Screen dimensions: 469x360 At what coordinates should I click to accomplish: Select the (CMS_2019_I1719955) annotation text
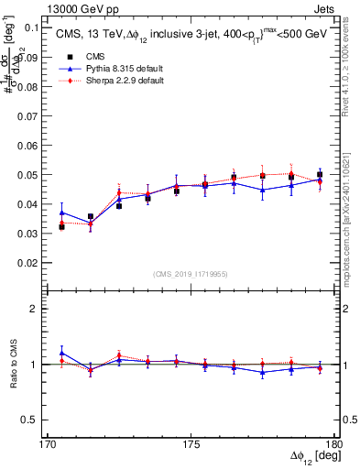191,273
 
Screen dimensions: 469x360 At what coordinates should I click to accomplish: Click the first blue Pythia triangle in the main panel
61,213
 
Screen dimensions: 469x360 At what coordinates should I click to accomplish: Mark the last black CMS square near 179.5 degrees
320,174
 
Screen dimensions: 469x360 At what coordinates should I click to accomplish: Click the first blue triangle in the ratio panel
61,353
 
